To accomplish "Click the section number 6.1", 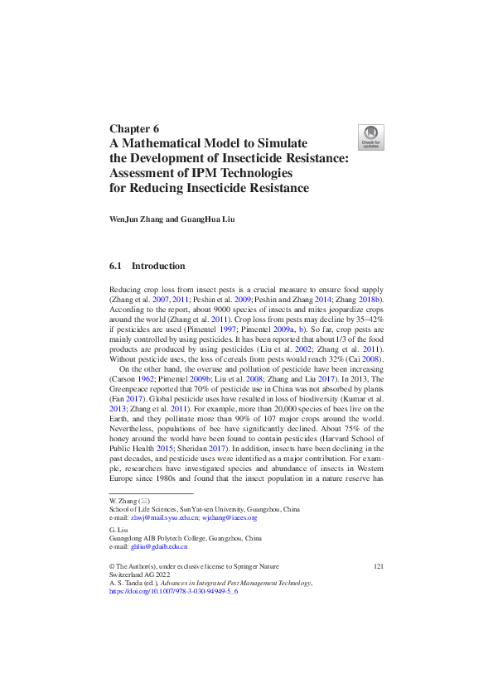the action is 116,266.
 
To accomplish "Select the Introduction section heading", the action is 158,266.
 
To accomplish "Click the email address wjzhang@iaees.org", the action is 232,517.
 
